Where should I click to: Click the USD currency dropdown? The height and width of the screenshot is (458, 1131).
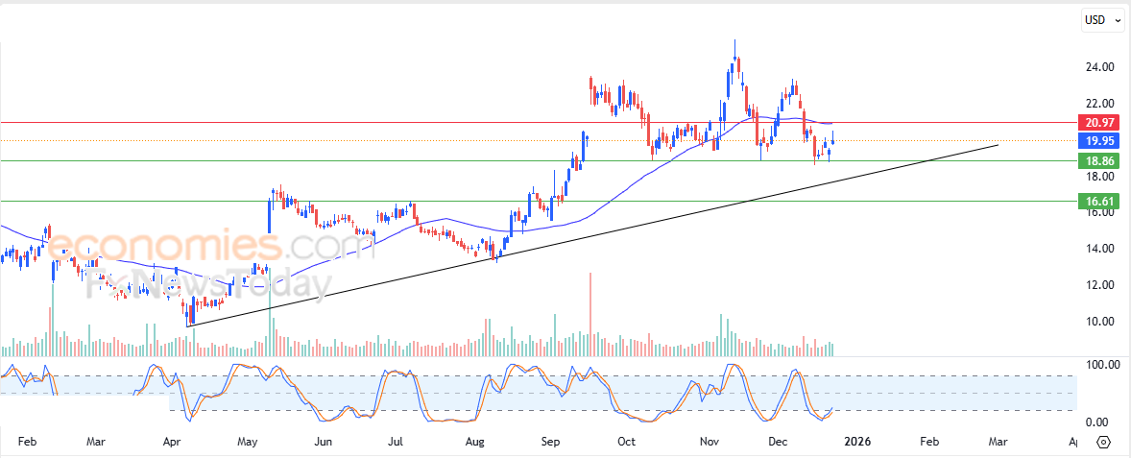(1102, 19)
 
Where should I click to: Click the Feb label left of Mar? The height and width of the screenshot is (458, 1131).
(27, 443)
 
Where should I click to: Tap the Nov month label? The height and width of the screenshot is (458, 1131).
(710, 443)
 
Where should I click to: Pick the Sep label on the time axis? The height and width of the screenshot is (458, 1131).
(550, 443)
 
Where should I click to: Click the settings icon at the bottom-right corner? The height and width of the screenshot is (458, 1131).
(1103, 443)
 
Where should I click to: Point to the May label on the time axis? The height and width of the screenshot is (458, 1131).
(247, 443)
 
